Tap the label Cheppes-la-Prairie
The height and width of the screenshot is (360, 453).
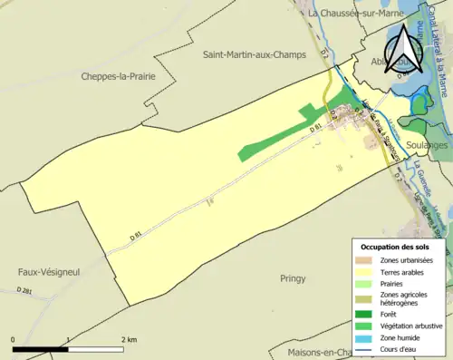point(119,77)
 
